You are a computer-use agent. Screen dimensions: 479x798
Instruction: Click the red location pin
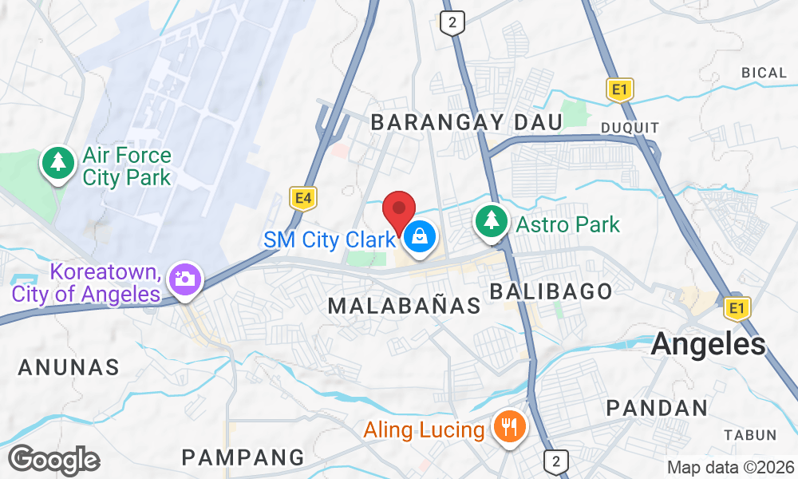(x=399, y=210)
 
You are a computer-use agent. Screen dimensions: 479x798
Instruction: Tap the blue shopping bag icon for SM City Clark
(x=419, y=236)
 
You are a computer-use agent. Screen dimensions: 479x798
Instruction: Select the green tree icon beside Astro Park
(x=492, y=222)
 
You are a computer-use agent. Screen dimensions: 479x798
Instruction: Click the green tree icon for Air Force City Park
(x=57, y=164)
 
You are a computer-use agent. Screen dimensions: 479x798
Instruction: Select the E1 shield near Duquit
(x=619, y=89)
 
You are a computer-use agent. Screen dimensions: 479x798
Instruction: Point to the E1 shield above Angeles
(x=735, y=307)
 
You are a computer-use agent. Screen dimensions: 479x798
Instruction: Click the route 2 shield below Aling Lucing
(x=556, y=461)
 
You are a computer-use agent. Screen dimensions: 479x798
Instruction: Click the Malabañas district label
(x=405, y=305)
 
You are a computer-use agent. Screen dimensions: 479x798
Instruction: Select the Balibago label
(x=551, y=291)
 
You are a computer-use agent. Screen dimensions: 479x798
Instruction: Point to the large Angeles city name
(x=709, y=344)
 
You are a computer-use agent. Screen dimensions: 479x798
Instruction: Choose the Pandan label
(x=657, y=408)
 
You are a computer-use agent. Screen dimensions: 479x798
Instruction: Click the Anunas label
(x=69, y=367)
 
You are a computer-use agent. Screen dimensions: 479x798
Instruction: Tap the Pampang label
(x=243, y=457)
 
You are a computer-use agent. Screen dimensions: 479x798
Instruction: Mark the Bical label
(x=764, y=73)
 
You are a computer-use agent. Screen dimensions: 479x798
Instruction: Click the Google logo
(x=53, y=460)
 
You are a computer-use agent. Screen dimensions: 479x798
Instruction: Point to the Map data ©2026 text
(x=730, y=467)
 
